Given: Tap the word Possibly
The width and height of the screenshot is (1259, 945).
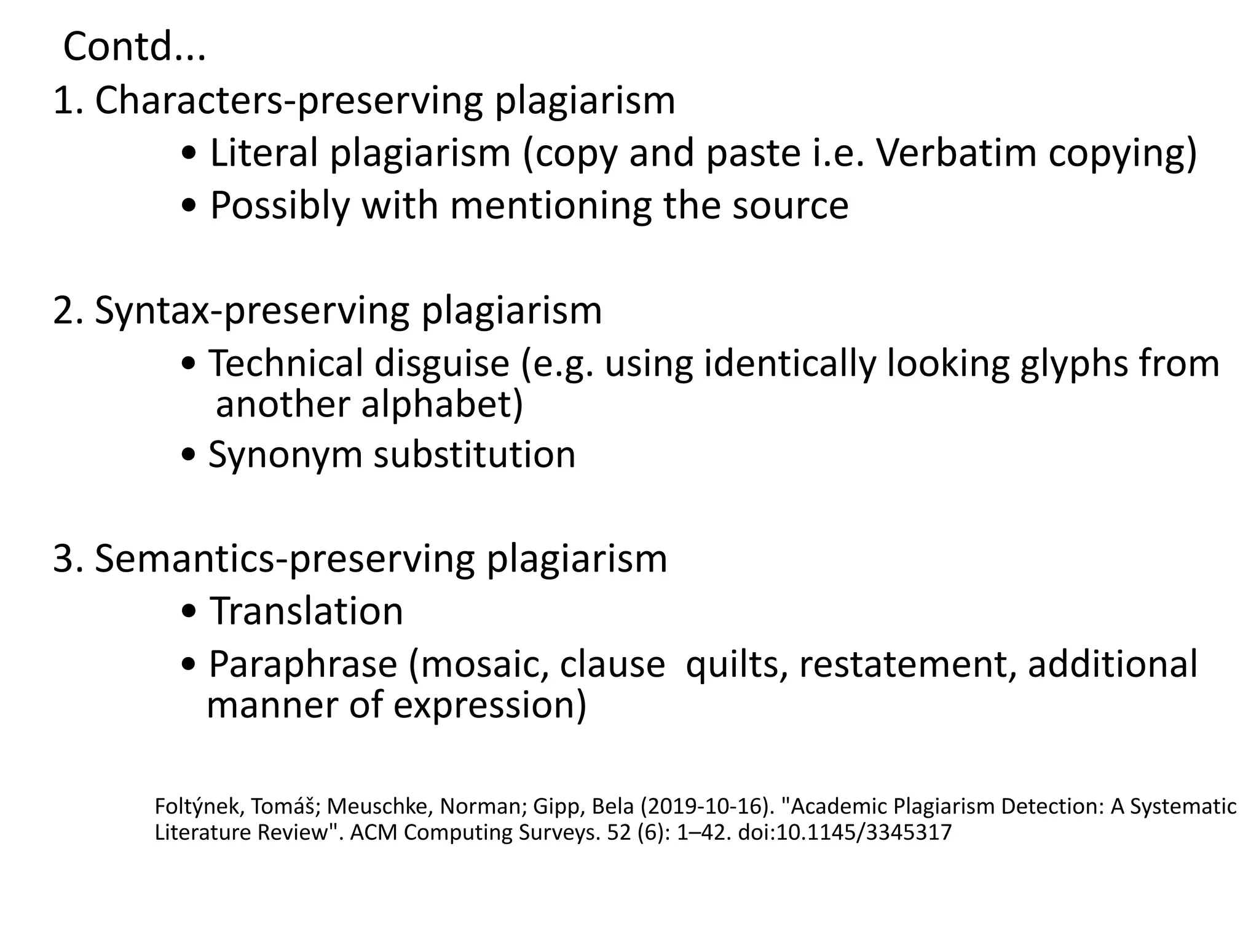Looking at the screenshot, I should tap(280, 205).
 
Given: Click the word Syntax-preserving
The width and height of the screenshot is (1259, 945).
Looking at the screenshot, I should tap(251, 311).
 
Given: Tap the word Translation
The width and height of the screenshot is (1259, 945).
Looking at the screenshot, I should tap(307, 612).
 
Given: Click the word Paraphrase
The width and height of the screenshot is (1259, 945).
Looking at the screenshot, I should tap(302, 664).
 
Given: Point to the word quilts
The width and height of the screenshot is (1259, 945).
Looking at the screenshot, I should tap(732, 664).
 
